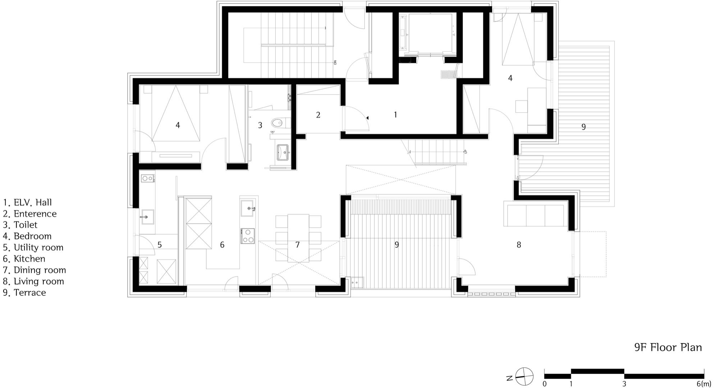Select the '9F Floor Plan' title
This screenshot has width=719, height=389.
click(x=668, y=347)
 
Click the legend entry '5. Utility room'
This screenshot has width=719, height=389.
click(x=33, y=247)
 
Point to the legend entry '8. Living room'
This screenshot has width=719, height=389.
click(x=33, y=281)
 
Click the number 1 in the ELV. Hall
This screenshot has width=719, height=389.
click(x=395, y=115)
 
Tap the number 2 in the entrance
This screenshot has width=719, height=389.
click(x=318, y=115)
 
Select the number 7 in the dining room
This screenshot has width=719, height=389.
click(x=297, y=245)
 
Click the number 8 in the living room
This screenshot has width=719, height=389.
click(x=519, y=245)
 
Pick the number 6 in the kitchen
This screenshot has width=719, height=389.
click(x=222, y=245)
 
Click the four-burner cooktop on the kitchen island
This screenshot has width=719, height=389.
click(x=248, y=236)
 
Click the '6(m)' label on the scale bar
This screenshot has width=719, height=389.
click(x=704, y=384)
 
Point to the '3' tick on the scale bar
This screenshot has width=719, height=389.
click(x=624, y=384)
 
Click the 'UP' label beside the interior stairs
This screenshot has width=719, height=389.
click(x=466, y=152)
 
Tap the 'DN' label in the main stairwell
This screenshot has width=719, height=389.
click(x=335, y=62)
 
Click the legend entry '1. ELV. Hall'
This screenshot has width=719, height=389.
click(x=27, y=203)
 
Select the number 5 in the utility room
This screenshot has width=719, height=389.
click(x=160, y=245)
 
